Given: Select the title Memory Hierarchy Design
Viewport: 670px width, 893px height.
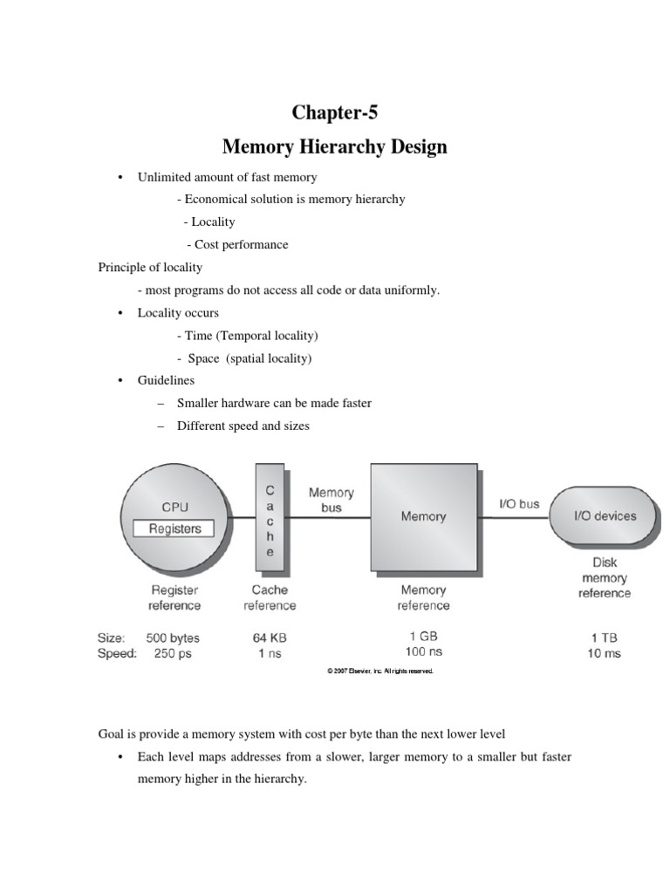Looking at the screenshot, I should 336,147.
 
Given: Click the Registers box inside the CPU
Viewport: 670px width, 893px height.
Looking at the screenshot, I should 174,528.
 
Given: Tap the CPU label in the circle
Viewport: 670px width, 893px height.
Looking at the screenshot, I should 174,507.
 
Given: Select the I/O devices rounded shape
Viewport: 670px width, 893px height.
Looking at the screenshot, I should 604,516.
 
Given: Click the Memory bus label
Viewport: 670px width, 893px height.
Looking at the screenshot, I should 332,500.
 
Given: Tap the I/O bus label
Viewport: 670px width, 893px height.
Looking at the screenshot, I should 518,504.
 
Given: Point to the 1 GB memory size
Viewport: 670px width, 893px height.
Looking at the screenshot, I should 423,636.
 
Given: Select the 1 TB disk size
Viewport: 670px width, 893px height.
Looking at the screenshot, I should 604,637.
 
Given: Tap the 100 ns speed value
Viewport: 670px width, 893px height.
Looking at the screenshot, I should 423,651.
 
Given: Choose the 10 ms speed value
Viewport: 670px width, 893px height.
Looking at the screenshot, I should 604,654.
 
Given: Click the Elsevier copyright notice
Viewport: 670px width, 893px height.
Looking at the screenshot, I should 379,671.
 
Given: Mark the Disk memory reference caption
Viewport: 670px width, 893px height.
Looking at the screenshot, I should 604,577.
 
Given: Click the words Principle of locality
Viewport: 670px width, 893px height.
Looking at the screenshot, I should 150,267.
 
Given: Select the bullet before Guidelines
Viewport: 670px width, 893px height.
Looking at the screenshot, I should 118,381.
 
